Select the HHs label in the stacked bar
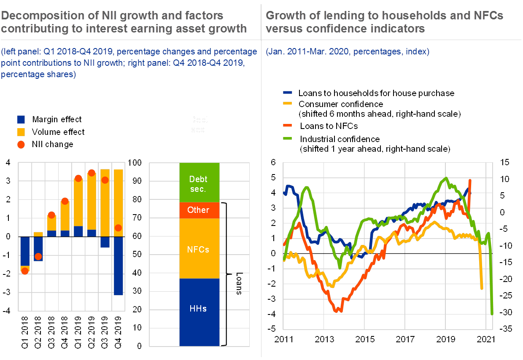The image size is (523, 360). point(198,309)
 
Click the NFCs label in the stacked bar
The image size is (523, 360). point(198,250)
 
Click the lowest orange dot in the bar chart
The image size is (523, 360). point(25,271)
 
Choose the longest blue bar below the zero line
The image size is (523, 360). point(119,266)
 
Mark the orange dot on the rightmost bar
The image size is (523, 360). point(119,228)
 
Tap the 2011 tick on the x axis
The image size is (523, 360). point(284,339)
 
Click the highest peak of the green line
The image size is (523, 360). point(446,178)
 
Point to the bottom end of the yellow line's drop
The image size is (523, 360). point(482,289)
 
